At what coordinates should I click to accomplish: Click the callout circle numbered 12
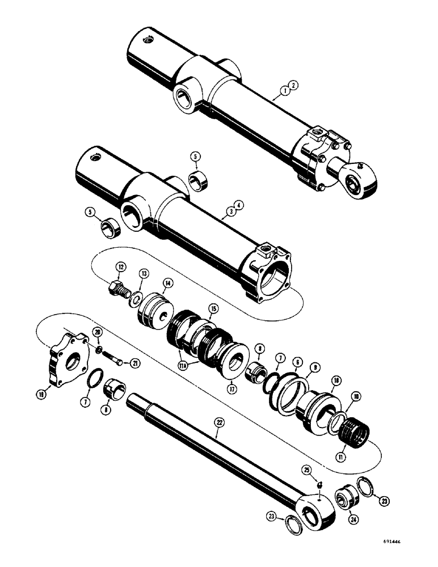click(x=121, y=267)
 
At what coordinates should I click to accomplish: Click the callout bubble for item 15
click(x=213, y=308)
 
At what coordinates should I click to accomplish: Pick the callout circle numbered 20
click(x=97, y=332)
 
